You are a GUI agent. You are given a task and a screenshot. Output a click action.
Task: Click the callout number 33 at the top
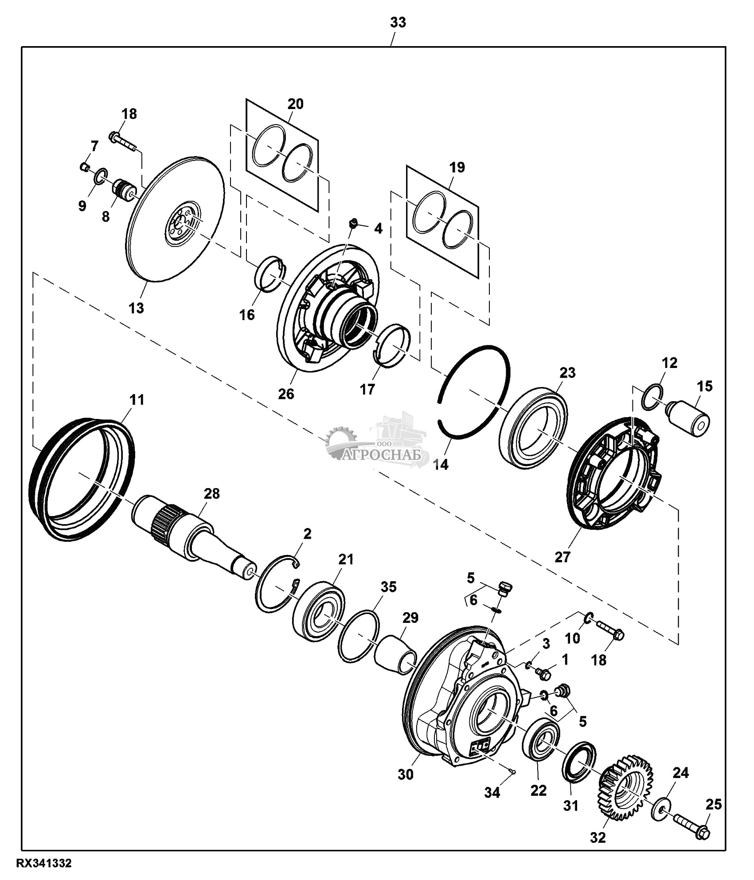[x=398, y=23]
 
